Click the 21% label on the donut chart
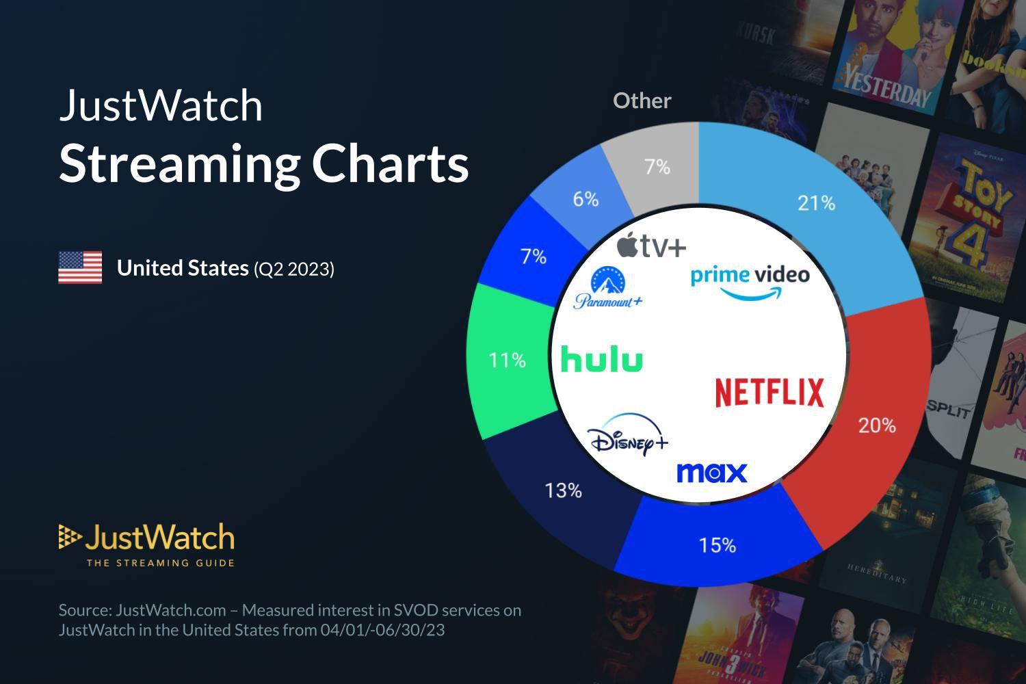(x=816, y=203)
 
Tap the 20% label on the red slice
(x=877, y=425)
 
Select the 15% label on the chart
(x=717, y=545)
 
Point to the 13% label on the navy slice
(x=563, y=490)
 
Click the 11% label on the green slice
(x=507, y=360)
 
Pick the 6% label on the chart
(x=586, y=199)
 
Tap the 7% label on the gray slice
(x=657, y=167)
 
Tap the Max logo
(x=711, y=473)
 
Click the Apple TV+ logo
(x=650, y=245)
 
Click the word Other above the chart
(x=642, y=101)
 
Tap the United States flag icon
(x=80, y=267)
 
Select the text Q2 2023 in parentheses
(x=294, y=269)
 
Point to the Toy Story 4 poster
(x=975, y=219)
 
